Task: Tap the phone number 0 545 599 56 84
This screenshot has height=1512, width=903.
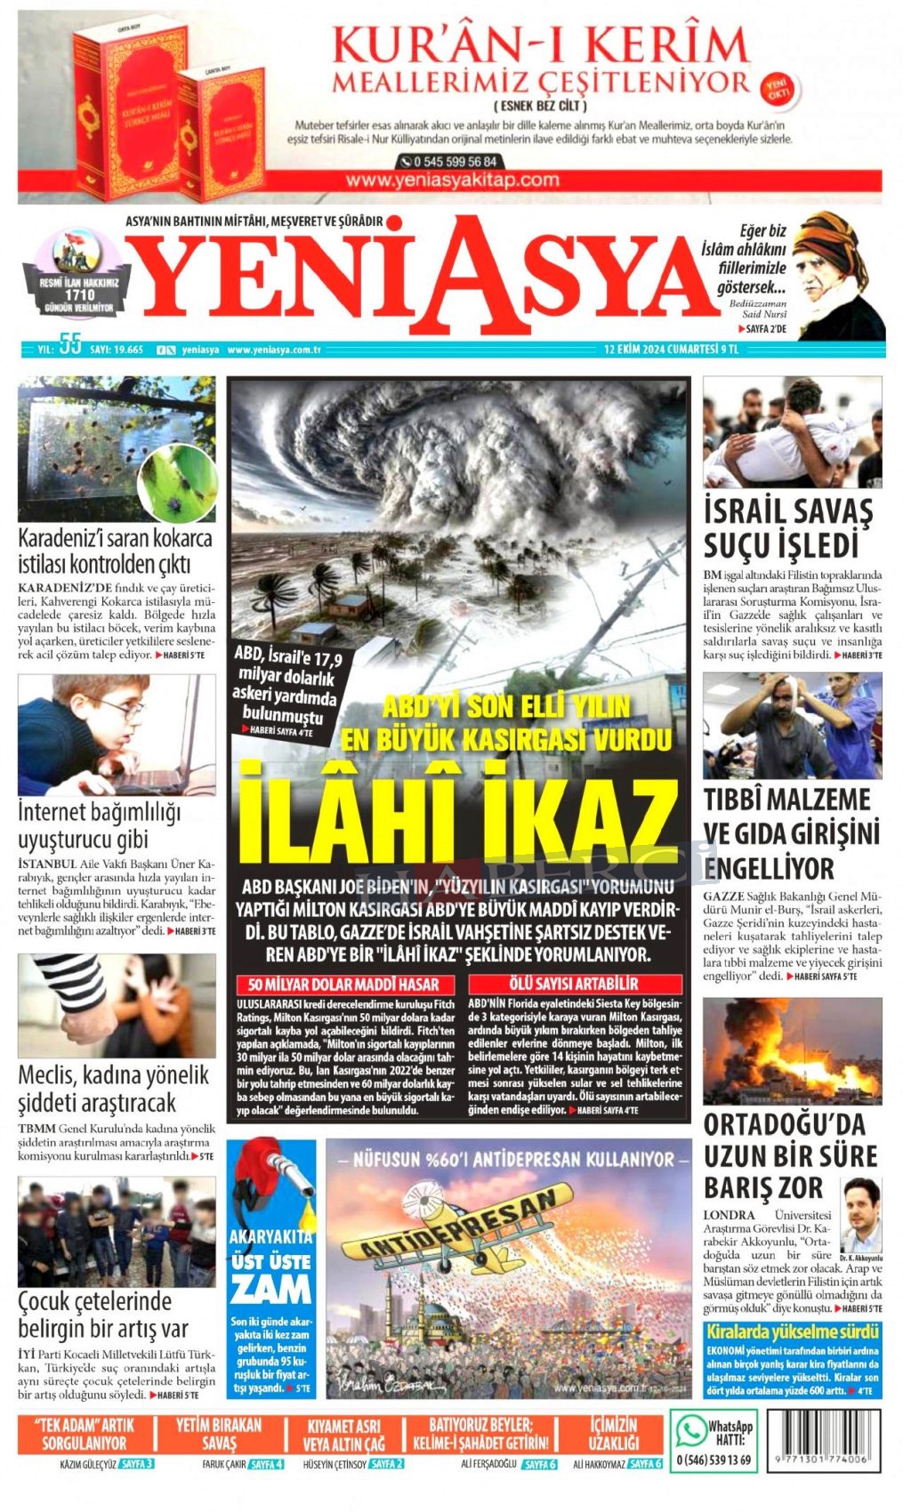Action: tap(449, 162)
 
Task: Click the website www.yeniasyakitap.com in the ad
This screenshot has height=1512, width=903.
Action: tap(453, 180)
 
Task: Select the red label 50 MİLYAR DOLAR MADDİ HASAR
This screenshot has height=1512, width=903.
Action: tap(344, 985)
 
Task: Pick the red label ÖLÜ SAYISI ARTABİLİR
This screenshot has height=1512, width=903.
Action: tap(574, 985)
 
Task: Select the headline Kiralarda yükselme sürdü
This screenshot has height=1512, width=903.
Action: tap(792, 1331)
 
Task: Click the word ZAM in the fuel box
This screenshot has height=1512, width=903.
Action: tap(270, 1287)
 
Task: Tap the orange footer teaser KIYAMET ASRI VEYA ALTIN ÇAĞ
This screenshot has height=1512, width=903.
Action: tap(343, 1435)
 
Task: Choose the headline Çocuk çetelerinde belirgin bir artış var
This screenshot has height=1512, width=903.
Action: tap(104, 1315)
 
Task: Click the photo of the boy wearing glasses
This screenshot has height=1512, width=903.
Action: tap(117, 735)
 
